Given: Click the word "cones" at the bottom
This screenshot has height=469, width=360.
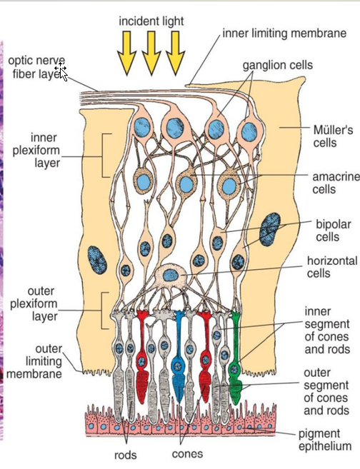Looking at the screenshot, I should tap(187, 454).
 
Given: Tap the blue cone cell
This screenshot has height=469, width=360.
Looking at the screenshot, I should tap(179, 364).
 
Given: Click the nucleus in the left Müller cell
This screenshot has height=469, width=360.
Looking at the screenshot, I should tap(96, 260).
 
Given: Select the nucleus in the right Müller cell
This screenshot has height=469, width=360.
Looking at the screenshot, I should tap(271, 228).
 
